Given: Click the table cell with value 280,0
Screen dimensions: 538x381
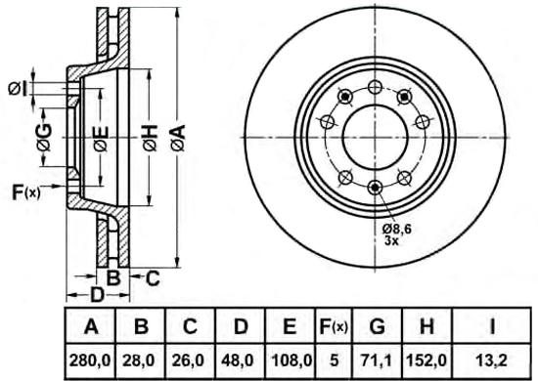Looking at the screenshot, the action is (91, 360).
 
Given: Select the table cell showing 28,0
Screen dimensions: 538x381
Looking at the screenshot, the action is (141, 360).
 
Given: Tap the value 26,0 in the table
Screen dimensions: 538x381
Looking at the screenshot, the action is (191, 360).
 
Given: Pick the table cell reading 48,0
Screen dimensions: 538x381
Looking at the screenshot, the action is (241, 360).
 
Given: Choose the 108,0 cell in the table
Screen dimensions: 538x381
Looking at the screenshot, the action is (290, 360).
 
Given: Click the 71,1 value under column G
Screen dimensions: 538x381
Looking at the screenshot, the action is (377, 360).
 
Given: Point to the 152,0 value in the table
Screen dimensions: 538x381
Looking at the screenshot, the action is (427, 360).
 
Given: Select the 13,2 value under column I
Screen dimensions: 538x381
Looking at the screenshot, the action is (492, 360).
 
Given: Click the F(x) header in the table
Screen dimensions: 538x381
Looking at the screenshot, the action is (334, 326).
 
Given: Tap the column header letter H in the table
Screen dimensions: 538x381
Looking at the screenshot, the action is (427, 326).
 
